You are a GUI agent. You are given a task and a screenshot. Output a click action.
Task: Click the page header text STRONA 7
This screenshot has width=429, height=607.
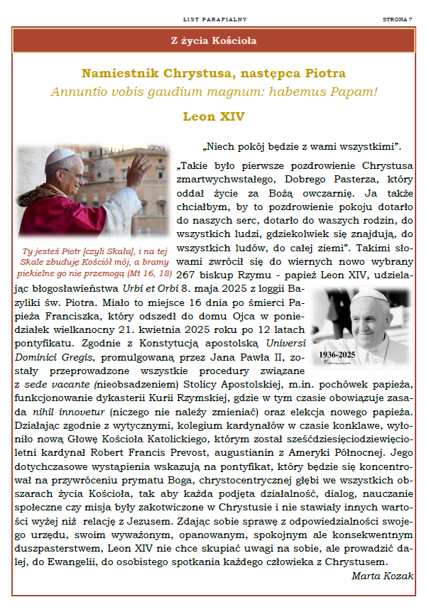point(397,19)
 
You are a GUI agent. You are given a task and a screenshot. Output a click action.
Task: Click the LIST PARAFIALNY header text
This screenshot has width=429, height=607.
point(214,19)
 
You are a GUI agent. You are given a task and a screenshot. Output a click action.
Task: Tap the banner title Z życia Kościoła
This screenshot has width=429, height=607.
point(214,40)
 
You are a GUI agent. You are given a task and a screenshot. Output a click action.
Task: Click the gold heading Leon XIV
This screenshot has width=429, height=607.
point(214,116)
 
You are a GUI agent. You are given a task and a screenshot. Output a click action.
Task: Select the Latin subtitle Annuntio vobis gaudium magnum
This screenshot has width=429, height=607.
point(213,92)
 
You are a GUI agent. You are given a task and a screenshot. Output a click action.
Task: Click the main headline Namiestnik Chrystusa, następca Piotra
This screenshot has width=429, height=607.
point(214,74)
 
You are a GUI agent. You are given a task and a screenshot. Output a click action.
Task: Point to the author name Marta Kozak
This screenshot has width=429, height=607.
point(382,576)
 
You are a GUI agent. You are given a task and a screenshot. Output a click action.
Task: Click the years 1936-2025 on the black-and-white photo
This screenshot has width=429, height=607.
point(337,354)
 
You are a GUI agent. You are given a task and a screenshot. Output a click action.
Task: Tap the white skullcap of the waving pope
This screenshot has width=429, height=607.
point(64,153)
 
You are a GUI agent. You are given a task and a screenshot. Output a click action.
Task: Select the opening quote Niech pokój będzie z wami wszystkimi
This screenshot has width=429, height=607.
point(303,147)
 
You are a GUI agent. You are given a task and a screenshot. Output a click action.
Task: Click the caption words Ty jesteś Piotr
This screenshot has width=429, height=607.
point(47,251)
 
